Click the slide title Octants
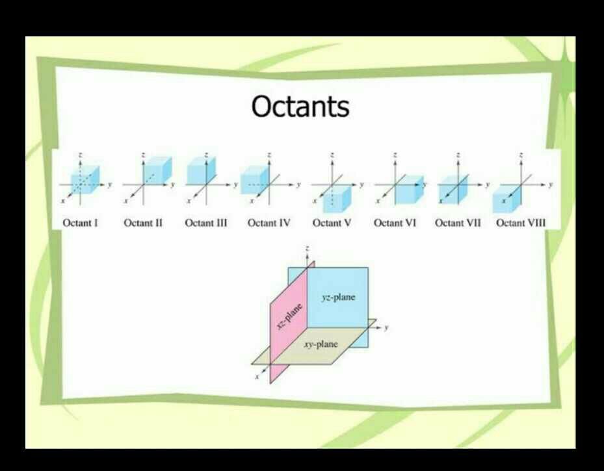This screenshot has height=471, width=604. click(300, 107)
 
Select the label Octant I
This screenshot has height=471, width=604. click(80, 223)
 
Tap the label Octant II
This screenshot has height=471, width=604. click(143, 223)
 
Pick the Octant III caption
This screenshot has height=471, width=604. click(206, 223)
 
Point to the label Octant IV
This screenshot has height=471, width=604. click(269, 223)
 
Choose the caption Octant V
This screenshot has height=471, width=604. click(332, 223)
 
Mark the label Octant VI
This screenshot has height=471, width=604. click(395, 223)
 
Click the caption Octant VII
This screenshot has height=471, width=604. click(458, 223)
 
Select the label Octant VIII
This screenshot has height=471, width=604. click(521, 223)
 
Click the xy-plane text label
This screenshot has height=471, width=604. click(321, 344)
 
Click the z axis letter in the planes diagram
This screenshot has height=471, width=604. click(306, 249)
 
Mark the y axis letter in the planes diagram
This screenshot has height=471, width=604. click(386, 327)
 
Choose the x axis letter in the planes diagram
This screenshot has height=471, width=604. click(257, 376)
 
